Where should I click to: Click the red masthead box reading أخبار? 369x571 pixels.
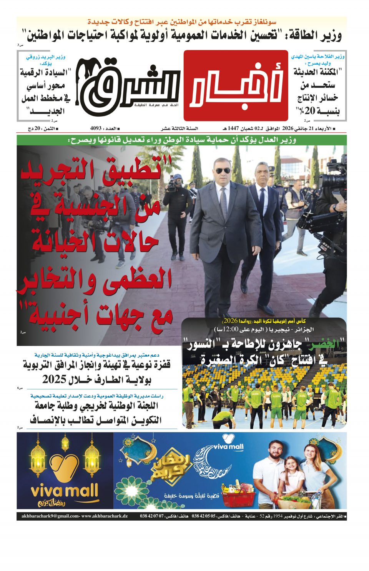236,85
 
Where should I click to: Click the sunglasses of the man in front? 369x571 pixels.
223,170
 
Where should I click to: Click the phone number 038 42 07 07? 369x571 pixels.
152,516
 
